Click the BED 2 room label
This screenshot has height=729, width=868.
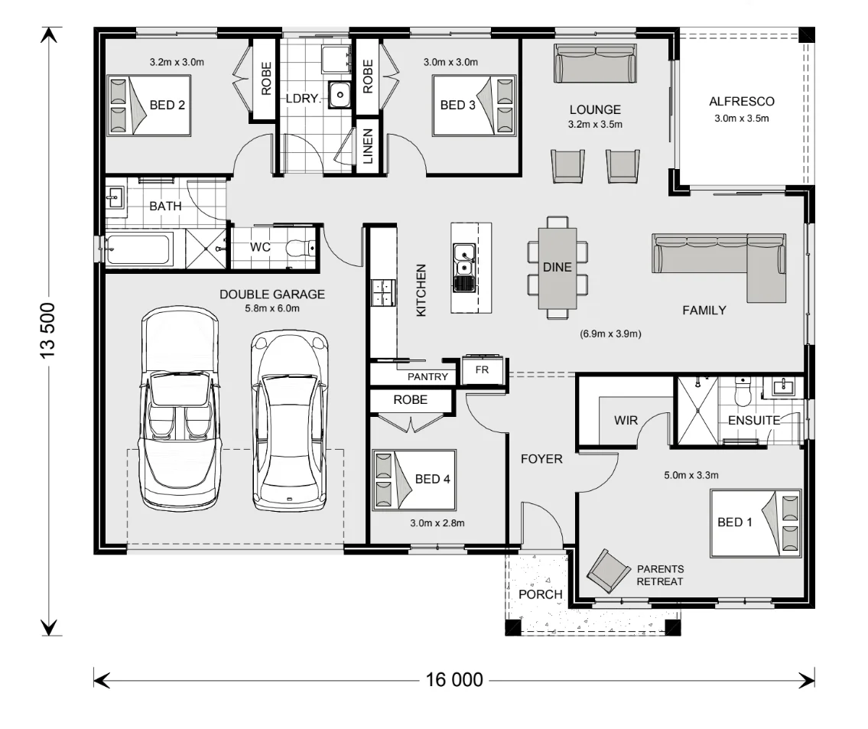167,105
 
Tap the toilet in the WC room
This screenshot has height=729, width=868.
300,247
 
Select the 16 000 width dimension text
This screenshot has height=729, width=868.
454,680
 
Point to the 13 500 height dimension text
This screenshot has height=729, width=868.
47,330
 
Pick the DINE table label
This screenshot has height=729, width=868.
557,268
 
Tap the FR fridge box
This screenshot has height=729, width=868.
482,369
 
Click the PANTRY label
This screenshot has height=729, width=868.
427,377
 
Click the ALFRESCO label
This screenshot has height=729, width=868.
742,102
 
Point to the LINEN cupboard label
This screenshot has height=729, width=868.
368,147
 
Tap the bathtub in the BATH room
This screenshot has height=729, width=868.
138,249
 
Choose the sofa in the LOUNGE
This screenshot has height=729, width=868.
595,64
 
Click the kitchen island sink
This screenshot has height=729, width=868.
464,268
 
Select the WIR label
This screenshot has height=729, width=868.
626,421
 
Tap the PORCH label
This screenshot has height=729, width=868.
540,594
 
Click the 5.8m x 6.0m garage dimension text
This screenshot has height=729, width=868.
272,308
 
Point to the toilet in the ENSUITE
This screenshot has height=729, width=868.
742,392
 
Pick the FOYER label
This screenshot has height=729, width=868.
541,459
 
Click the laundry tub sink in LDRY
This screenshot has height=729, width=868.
340,95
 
